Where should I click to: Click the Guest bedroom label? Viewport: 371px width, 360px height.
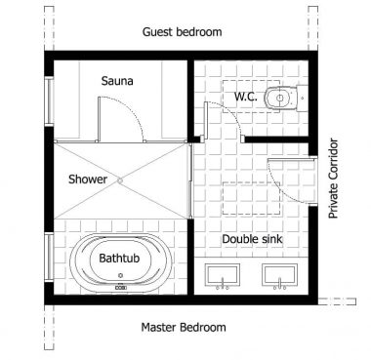[182, 32]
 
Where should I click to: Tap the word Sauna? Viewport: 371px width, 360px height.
[116, 82]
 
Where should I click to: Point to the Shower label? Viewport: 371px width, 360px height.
[88, 180]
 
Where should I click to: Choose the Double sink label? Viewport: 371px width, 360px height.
[252, 238]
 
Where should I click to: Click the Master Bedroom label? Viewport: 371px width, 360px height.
[184, 327]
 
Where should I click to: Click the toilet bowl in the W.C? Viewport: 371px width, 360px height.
[280, 98]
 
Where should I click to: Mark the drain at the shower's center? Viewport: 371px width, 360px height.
[119, 180]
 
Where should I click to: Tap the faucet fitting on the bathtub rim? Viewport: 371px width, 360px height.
[121, 288]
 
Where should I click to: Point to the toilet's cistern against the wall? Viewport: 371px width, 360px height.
[299, 98]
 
